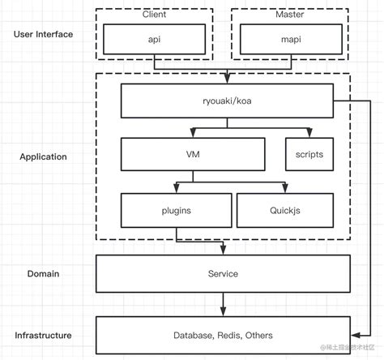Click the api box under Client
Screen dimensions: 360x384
click(x=154, y=37)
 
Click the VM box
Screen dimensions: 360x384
click(x=192, y=152)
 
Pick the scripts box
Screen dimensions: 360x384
click(x=308, y=152)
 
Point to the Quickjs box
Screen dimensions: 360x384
click(x=284, y=209)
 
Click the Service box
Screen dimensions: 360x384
click(x=223, y=273)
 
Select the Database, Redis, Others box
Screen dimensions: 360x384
click(x=223, y=335)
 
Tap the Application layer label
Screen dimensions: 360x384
click(x=43, y=156)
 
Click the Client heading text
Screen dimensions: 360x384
click(x=154, y=15)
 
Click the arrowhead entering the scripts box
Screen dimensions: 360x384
click(x=308, y=133)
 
